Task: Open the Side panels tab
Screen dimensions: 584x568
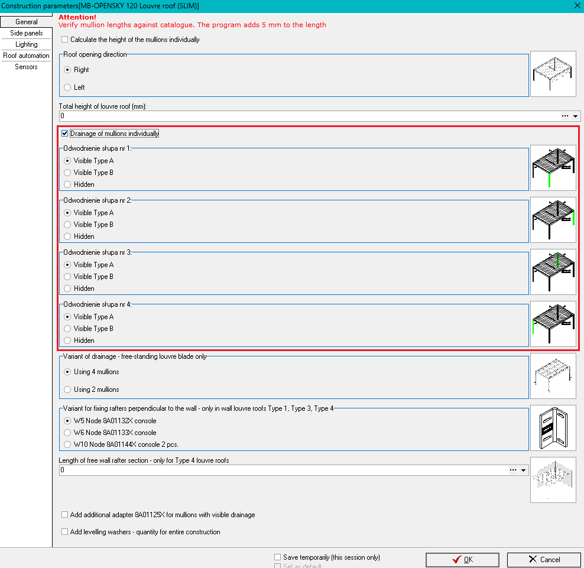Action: [26, 33]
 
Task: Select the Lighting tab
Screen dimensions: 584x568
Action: [26, 44]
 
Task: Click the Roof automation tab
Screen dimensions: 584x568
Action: [26, 56]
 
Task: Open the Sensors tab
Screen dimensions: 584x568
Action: [26, 67]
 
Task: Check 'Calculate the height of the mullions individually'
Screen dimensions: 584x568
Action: [65, 40]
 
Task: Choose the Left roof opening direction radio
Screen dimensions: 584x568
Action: [67, 87]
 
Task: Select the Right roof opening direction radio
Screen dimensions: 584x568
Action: [67, 70]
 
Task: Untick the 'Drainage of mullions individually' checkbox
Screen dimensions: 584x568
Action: [65, 134]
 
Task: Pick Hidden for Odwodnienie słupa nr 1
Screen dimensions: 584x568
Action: [67, 184]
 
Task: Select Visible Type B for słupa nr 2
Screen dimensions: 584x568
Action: [67, 225]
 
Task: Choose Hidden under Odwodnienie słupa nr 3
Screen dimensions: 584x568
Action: [67, 288]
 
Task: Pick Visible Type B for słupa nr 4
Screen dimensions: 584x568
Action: [67, 329]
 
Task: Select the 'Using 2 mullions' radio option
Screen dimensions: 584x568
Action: [67, 390]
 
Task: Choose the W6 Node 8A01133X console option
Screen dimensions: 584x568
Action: [67, 433]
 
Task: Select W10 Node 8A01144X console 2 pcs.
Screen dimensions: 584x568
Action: [67, 444]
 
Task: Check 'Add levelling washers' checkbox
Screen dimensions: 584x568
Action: [65, 532]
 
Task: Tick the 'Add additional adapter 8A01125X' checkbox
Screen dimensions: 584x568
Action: [65, 515]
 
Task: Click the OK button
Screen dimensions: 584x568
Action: [462, 560]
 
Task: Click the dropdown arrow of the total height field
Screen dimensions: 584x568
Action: [576, 116]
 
